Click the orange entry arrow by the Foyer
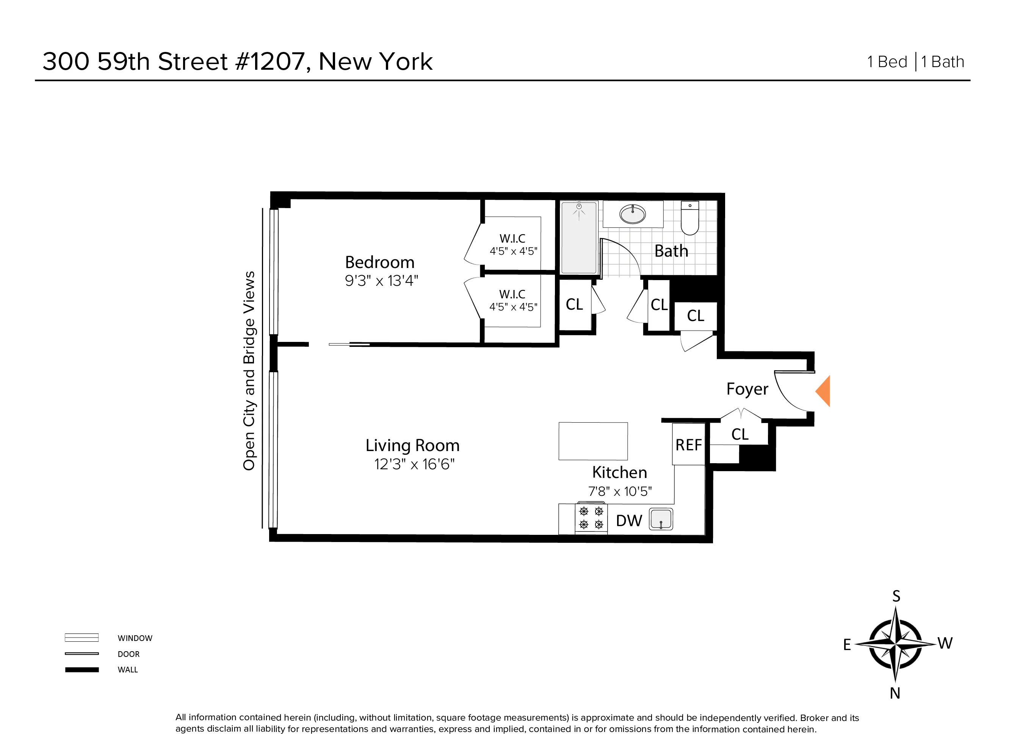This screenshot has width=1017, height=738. (x=824, y=391)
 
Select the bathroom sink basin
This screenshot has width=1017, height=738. (x=632, y=214)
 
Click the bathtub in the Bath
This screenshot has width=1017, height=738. (x=579, y=238)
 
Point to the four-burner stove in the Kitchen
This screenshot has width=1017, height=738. (x=591, y=518)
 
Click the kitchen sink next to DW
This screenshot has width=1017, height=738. (x=661, y=519)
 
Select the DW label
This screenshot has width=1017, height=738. (x=629, y=520)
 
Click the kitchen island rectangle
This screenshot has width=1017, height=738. (x=593, y=441)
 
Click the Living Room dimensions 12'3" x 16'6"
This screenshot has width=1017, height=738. (x=414, y=464)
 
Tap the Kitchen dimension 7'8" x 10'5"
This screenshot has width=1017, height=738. (x=620, y=491)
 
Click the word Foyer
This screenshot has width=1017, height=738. (x=747, y=389)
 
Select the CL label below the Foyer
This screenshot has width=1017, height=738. (x=740, y=434)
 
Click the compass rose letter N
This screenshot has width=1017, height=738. (x=895, y=693)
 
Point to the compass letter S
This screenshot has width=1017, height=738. (x=896, y=596)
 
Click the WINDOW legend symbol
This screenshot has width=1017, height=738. (x=81, y=638)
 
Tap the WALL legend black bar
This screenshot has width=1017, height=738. (x=81, y=670)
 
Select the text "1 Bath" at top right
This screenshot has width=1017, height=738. (x=943, y=62)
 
